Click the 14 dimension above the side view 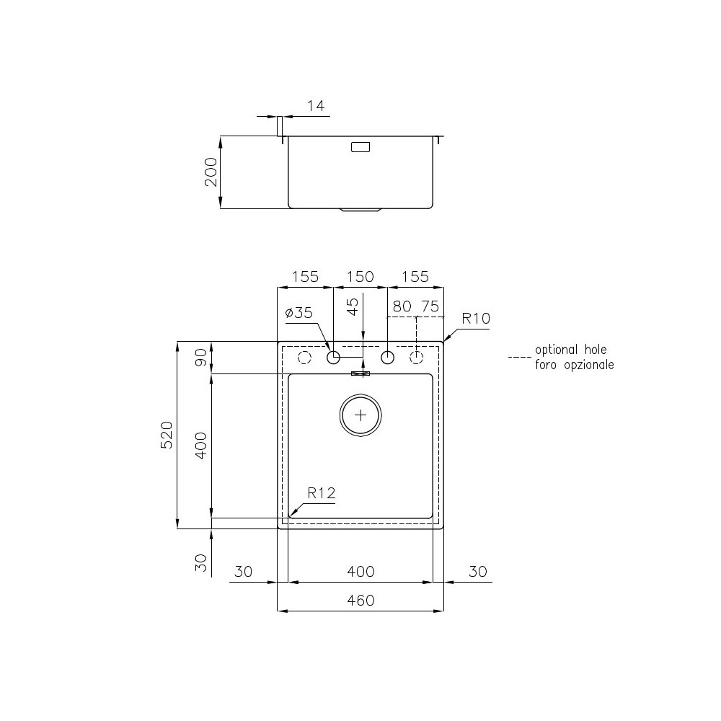click(317, 106)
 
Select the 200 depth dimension click(211, 172)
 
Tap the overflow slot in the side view click(360, 147)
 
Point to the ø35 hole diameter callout click(298, 313)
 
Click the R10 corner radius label click(476, 318)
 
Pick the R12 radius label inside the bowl click(321, 493)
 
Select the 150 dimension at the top click(360, 276)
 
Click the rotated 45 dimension click(353, 308)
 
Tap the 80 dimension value click(402, 306)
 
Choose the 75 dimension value click(430, 306)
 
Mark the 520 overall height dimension click(167, 435)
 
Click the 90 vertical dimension click(202, 357)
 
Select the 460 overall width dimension click(360, 601)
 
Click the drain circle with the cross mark click(360, 415)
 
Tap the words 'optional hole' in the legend click(570, 350)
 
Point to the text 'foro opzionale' click(574, 365)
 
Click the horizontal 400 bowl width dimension click(360, 572)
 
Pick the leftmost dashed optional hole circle click(304, 358)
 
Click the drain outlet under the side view click(360, 211)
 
